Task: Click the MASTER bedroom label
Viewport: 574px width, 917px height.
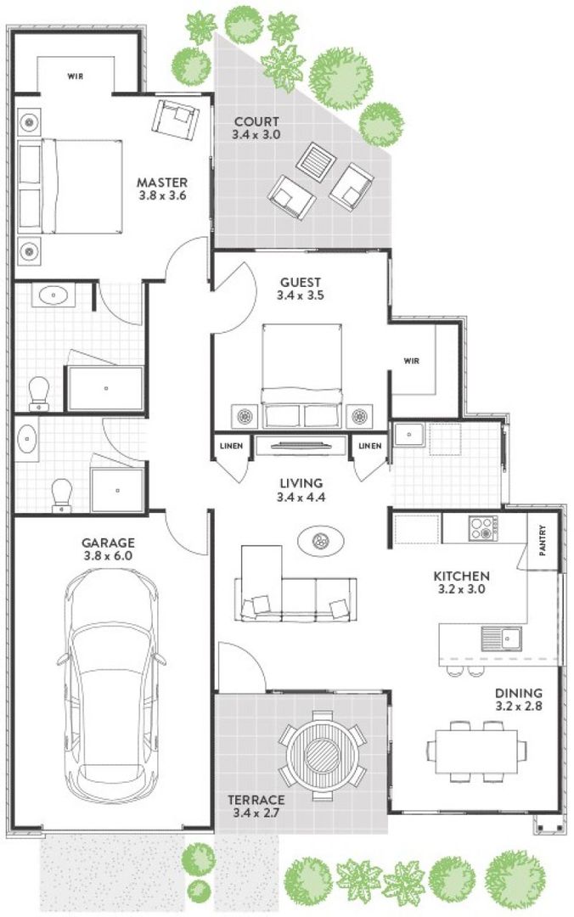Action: pos(162,183)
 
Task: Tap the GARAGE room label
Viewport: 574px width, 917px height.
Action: pos(108,543)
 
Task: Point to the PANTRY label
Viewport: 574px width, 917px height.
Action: pos(543,540)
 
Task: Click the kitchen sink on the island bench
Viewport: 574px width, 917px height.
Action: pos(502,639)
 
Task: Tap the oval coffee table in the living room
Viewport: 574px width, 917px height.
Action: pos(321,541)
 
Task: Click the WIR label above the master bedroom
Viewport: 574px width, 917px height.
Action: pos(75,76)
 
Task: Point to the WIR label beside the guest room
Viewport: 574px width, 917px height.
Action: pos(411,361)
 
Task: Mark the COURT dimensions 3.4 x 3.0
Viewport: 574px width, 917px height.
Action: pos(256,134)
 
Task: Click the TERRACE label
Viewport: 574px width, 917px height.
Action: pos(256,800)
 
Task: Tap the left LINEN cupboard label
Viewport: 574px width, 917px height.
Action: pos(231,446)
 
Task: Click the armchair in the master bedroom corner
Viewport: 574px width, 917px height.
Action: pos(175,120)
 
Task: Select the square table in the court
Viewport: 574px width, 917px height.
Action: pos(316,160)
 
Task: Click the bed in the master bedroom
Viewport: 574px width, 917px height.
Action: pos(70,186)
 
